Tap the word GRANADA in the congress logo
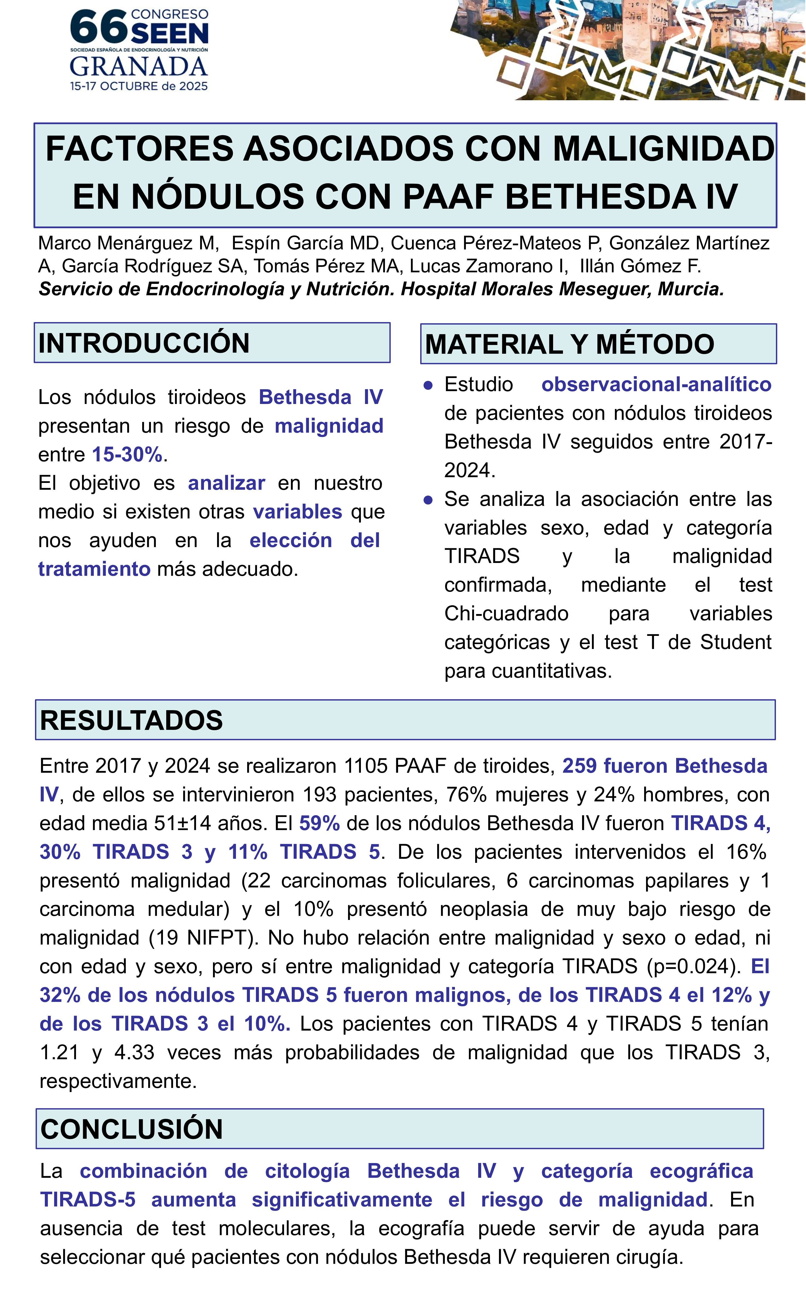click(x=138, y=67)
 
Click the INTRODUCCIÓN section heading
click(x=144, y=343)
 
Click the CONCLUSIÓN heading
click(x=132, y=1129)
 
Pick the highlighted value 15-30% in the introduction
click(x=127, y=455)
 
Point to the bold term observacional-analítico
click(x=656, y=385)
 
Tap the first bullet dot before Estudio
click(x=428, y=386)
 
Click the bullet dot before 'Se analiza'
click(x=428, y=500)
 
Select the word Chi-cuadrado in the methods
click(x=506, y=614)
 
